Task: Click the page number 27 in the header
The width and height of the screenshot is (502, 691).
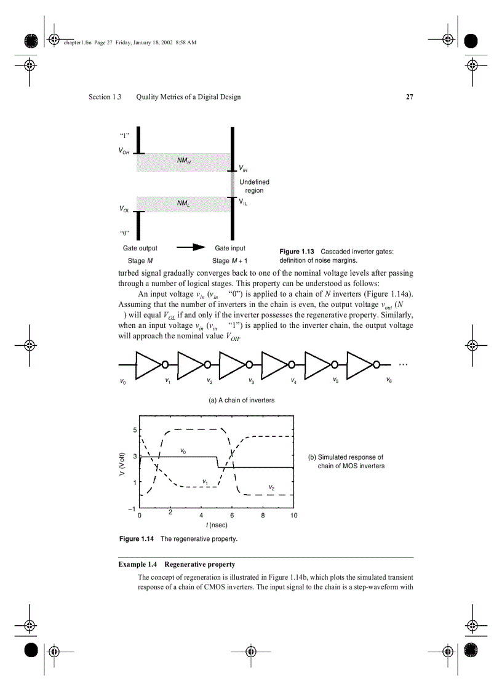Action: click(409, 97)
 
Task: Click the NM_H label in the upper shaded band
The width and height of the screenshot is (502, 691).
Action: click(184, 161)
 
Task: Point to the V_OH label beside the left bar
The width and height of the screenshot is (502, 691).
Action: click(124, 151)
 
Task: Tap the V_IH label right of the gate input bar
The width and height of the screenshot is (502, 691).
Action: click(244, 168)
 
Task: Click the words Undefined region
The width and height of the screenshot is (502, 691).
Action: click(254, 186)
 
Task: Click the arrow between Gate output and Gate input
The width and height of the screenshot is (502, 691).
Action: click(190, 247)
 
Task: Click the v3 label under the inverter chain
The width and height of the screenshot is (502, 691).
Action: click(252, 381)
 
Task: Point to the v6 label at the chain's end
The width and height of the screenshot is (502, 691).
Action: click(389, 380)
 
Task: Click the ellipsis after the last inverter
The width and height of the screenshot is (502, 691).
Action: click(403, 364)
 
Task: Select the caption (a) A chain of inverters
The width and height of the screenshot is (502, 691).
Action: click(241, 400)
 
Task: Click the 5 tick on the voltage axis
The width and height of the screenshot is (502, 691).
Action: click(135, 429)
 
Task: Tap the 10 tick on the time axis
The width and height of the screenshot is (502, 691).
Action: click(293, 516)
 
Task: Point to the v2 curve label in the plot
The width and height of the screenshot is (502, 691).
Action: click(271, 488)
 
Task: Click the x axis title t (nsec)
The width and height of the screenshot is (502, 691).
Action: click(217, 525)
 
